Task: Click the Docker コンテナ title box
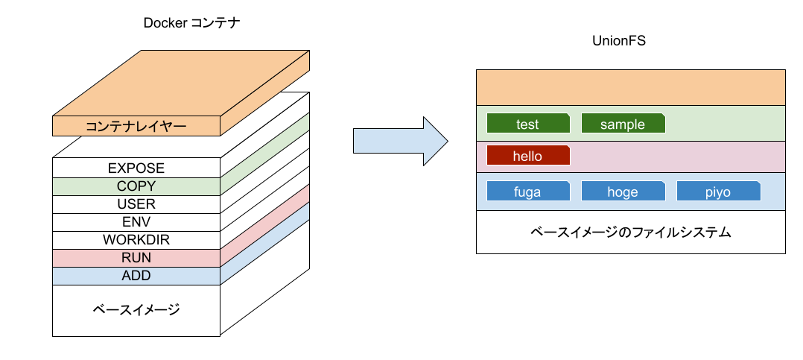191,24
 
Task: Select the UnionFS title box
618,41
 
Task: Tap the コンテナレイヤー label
136,126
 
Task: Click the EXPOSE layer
136,168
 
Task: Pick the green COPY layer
136,186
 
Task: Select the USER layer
136,204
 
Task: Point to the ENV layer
136,222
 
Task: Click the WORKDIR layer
136,240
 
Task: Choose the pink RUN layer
136,258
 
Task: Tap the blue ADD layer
136,276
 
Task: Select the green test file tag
527,124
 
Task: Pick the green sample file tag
623,124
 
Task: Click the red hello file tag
527,157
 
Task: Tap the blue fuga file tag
527,192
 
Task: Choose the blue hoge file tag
623,192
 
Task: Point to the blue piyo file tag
718,192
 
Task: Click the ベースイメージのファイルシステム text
630,233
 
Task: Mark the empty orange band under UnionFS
630,88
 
